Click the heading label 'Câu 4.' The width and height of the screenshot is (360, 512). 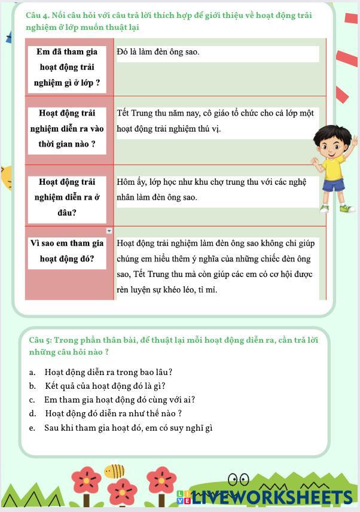(x=38, y=16)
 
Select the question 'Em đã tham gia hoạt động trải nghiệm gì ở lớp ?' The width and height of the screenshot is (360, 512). (x=67, y=67)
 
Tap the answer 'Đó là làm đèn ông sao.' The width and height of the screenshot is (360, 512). (x=158, y=52)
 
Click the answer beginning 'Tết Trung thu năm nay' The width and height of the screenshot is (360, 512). (x=215, y=121)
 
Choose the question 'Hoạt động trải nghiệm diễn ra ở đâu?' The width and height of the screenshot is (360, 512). (x=67, y=197)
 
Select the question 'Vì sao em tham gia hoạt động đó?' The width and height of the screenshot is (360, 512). (x=67, y=251)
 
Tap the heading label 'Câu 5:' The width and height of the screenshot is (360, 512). (x=41, y=340)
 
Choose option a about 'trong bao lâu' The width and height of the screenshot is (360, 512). (x=108, y=372)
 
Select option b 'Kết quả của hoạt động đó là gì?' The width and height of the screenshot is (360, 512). (x=105, y=386)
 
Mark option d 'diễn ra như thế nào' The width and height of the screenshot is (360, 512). (x=113, y=413)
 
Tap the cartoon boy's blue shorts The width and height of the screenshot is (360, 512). (x=332, y=184)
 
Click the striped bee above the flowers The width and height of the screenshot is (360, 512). (x=114, y=471)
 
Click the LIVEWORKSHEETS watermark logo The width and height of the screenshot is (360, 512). (x=266, y=496)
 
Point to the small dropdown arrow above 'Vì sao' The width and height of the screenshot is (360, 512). (x=109, y=231)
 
